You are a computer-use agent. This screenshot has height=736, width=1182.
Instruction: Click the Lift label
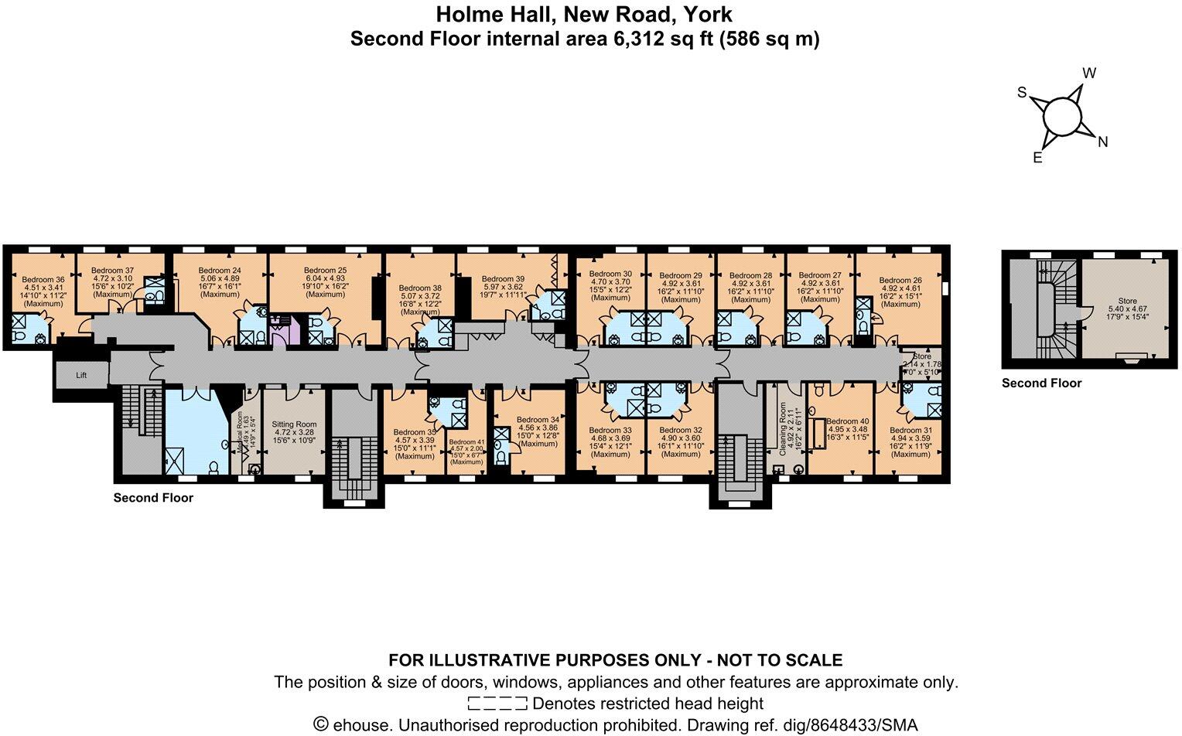click(81, 375)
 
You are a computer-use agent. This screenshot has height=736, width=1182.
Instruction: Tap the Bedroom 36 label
click(43, 280)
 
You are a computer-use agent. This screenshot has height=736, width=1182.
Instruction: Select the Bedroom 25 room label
click(325, 271)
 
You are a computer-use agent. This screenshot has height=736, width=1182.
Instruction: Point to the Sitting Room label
click(294, 424)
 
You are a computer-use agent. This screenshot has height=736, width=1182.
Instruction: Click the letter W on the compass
click(1089, 73)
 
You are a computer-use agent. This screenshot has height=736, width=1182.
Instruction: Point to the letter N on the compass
click(1103, 141)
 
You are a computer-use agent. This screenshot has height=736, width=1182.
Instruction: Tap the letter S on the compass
click(1022, 93)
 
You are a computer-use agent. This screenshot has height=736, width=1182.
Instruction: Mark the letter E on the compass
click(1038, 158)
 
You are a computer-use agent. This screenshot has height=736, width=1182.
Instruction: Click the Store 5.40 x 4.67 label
click(1127, 301)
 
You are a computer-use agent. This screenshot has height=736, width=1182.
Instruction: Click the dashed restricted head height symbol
click(497, 704)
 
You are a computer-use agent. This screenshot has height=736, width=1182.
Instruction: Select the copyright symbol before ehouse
click(321, 724)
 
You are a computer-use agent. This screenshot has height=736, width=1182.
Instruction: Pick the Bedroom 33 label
click(610, 431)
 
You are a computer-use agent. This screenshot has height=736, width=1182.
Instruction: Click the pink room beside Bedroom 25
click(284, 330)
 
